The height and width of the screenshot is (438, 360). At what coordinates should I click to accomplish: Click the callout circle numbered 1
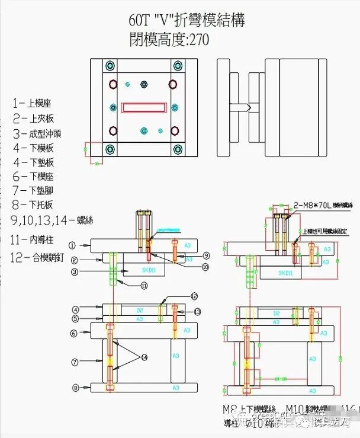(72, 244)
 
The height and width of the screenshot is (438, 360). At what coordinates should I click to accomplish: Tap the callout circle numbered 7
(75, 362)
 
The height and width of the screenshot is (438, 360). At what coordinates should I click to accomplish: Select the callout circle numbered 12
(194, 296)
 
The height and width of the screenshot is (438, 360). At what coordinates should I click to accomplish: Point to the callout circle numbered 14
(143, 357)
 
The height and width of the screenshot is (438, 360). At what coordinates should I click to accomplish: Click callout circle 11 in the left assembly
(144, 285)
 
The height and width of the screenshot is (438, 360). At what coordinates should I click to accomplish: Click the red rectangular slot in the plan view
(143, 107)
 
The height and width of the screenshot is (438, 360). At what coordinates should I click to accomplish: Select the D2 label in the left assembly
(140, 309)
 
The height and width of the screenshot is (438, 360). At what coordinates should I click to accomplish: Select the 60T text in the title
(140, 21)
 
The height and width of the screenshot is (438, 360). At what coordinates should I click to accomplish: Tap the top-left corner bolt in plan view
(109, 66)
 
